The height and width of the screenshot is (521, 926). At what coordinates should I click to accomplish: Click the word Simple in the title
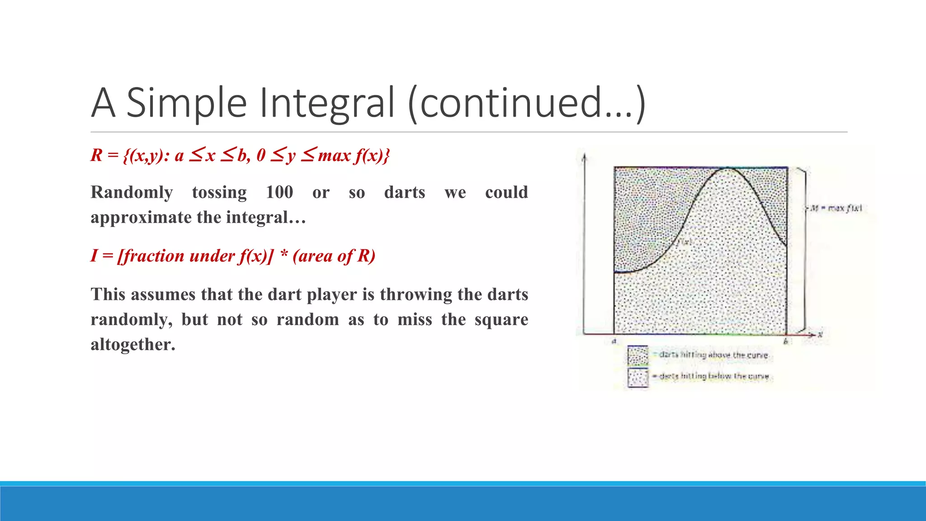[186, 103]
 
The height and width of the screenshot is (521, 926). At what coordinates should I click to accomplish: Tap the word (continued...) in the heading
[526, 103]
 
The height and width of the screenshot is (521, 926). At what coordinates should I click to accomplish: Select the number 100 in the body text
[279, 192]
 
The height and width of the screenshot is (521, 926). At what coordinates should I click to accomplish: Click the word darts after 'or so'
[405, 192]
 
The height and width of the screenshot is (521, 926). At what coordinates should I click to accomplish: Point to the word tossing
[219, 192]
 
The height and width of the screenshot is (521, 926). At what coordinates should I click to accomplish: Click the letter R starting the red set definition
[96, 155]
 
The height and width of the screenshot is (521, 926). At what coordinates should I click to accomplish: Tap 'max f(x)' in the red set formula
[353, 155]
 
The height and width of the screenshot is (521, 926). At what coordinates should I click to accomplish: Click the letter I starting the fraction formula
[94, 256]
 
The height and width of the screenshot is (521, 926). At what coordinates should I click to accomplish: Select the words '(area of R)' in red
[334, 256]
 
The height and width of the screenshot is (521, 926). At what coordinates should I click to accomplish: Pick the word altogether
[132, 345]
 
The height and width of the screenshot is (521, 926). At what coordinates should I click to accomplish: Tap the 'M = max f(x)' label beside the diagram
[836, 208]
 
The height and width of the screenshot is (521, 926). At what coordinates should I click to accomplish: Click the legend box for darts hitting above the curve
[638, 355]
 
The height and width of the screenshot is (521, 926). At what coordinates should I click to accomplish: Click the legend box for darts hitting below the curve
[638, 377]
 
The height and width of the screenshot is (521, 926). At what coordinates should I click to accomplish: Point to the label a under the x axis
[614, 341]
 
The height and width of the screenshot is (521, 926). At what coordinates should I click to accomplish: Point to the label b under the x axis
[785, 341]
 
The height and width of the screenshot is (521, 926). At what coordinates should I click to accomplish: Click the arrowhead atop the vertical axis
[584, 156]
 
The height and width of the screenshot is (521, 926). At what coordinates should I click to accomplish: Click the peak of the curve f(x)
[728, 169]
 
